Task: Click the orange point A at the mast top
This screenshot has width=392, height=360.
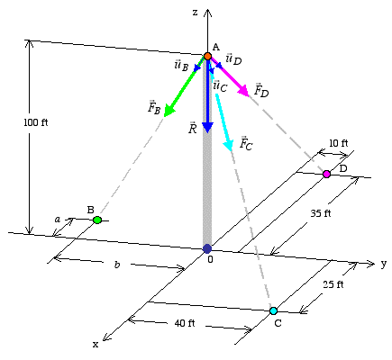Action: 207,56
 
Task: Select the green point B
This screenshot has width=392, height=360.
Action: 97,220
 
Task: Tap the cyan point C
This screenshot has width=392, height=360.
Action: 273,310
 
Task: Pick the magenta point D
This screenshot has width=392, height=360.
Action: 326,174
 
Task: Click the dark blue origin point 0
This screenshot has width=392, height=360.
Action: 207,248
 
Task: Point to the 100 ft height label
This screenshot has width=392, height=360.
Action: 36,122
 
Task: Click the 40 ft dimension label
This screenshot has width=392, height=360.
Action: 185,323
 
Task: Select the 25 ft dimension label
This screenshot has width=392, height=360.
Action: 333,284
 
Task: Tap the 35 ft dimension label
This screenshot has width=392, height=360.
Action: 321,213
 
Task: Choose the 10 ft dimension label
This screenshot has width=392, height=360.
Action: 339,143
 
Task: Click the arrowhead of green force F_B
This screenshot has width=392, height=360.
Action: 169,111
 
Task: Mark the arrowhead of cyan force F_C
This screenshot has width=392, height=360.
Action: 229,145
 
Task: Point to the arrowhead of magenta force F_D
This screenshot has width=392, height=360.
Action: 243,91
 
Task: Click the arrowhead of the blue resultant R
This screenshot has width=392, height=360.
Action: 207,128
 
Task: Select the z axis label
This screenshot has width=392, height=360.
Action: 196,13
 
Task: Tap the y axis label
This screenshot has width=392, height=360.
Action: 384,264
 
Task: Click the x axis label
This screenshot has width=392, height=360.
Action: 96,345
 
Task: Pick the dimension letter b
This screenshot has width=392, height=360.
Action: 117,265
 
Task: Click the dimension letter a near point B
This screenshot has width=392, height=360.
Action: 57,220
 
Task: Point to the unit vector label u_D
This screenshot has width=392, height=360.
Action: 233,58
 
